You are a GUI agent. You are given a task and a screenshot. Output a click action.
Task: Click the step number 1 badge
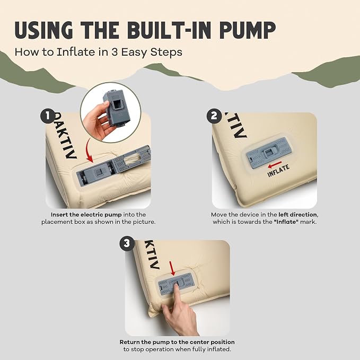point(48,116)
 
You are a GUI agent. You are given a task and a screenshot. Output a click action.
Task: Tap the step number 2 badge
point(214,116)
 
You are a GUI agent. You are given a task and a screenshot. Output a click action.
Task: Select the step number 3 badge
point(127,243)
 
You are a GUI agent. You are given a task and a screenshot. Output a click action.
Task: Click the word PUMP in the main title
point(248,30)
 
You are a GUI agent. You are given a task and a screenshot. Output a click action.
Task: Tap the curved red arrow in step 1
point(89,151)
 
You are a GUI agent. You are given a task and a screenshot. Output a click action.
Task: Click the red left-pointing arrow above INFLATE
point(275,164)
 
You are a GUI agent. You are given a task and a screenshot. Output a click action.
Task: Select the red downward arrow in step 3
point(172,268)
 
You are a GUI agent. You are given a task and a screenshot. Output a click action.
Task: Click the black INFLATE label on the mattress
point(278,171)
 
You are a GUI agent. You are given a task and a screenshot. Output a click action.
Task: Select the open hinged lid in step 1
point(133,159)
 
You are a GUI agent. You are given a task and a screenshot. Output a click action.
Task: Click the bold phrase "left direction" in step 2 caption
point(298,215)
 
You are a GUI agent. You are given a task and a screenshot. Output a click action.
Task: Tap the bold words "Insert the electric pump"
point(86,215)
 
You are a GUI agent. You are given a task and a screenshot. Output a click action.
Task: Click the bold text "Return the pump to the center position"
point(177,342)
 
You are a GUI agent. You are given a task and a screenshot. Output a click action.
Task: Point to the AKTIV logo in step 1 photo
point(65,135)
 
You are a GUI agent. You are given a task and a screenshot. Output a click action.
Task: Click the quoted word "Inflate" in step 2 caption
point(286,222)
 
